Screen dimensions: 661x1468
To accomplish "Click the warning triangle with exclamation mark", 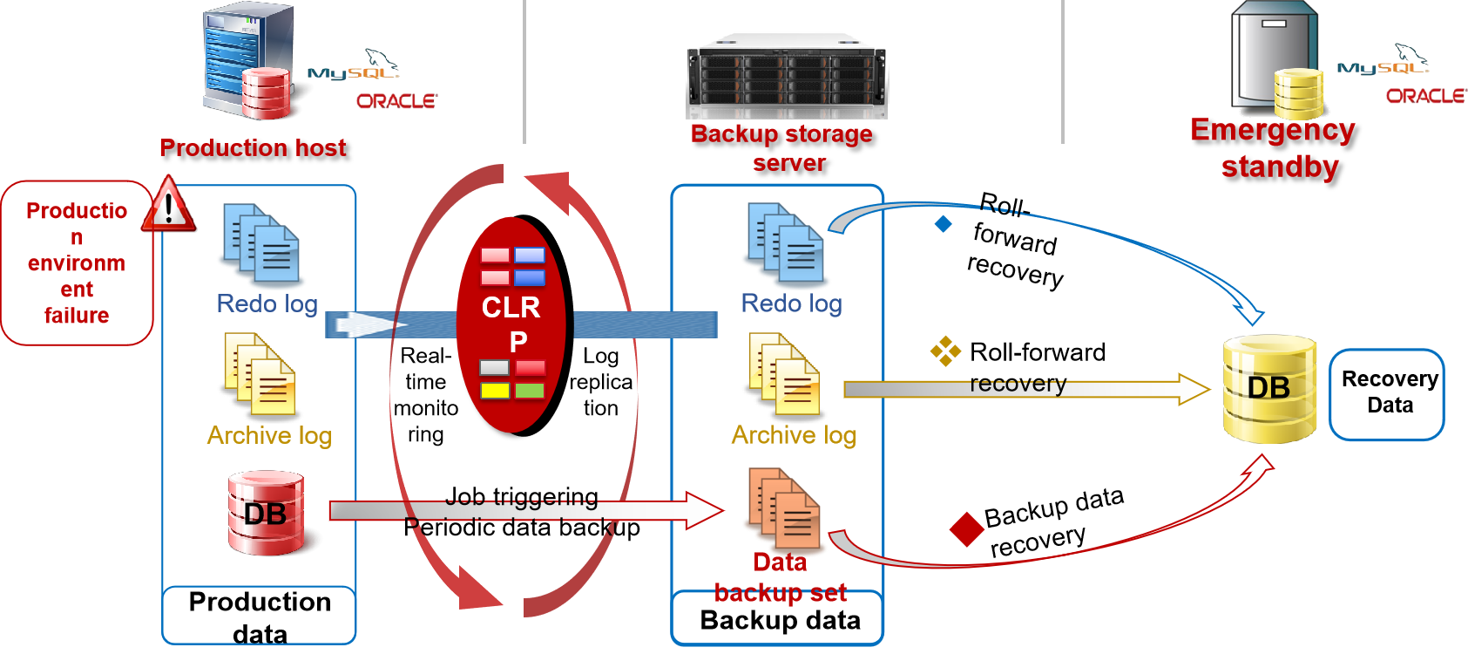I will tap(168, 205).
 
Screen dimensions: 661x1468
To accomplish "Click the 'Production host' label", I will tap(253, 148).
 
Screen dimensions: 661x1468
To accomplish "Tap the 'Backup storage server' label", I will tap(781, 147).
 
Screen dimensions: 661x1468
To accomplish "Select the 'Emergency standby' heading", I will tap(1273, 147).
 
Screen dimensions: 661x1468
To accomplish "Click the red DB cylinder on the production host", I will tap(266, 513).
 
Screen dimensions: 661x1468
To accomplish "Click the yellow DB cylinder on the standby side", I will tap(1269, 388).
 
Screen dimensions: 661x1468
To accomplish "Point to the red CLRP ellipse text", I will tap(511, 324).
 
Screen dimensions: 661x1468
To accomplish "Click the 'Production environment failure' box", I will tap(77, 262).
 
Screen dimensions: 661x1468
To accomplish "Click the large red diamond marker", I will tap(966, 529).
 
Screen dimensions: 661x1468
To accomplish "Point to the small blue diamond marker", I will tap(943, 224).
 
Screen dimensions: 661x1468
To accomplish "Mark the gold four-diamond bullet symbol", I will tap(945, 351).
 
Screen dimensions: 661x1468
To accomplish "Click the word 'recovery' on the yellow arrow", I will tap(1018, 384).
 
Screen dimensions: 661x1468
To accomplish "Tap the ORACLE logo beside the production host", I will tap(396, 101).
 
